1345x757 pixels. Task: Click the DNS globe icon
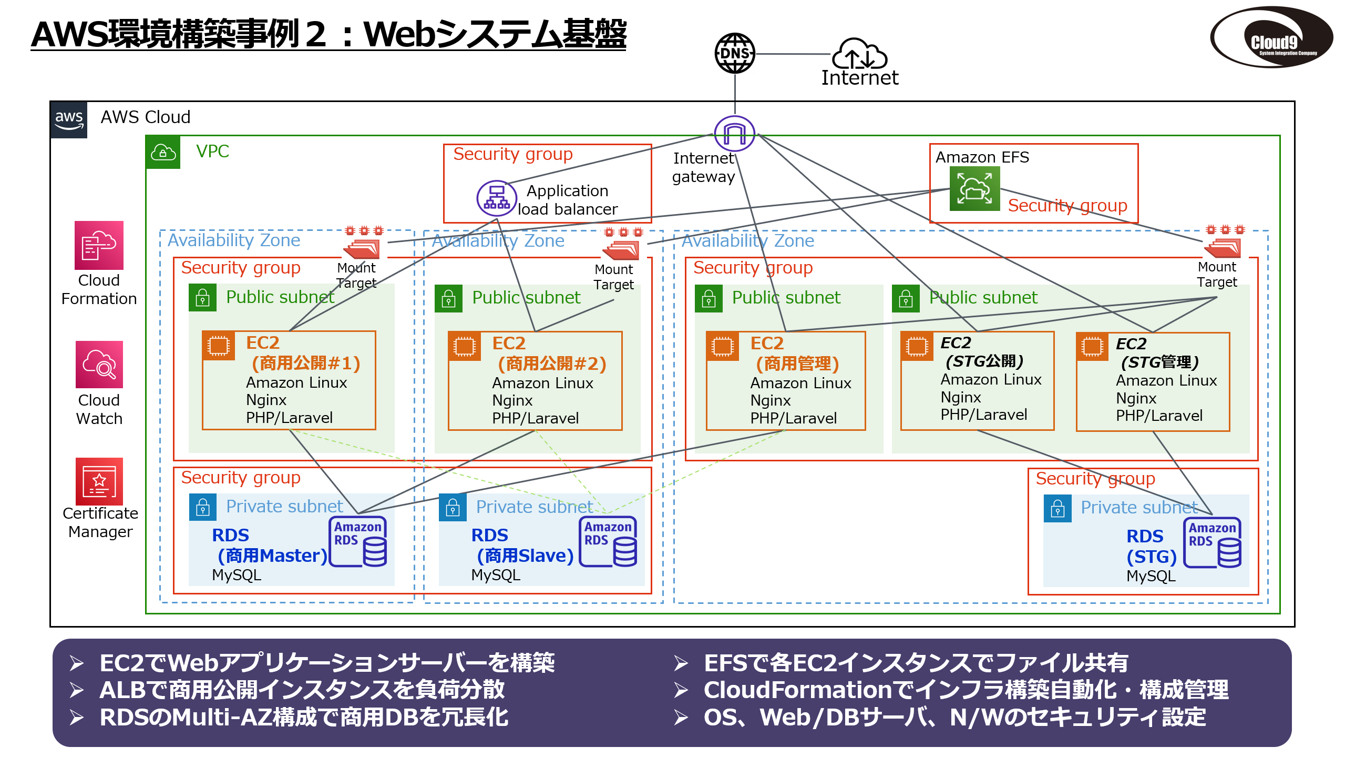coord(735,53)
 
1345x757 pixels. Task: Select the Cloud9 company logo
coord(1271,37)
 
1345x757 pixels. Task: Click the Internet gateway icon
coord(734,133)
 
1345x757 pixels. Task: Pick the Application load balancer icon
coord(496,198)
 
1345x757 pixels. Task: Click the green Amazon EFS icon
coord(974,189)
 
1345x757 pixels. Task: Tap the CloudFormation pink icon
coord(99,245)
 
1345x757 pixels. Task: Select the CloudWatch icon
coord(99,365)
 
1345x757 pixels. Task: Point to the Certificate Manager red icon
coord(99,481)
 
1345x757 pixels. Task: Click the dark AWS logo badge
coord(69,120)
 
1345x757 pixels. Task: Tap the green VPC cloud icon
coord(163,153)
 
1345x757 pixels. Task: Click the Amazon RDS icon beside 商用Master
coord(358,541)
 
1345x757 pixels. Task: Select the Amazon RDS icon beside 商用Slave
coord(608,541)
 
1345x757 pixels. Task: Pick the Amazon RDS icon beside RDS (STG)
coord(1213,542)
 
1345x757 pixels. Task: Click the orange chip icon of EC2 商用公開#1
coord(219,346)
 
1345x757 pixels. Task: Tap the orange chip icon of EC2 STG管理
coord(1092,347)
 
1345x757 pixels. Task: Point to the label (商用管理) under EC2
coord(797,364)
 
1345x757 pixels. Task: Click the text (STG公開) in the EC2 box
coord(984,361)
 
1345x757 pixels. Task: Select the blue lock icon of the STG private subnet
coord(1057,508)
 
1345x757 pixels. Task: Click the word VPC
coord(212,152)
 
